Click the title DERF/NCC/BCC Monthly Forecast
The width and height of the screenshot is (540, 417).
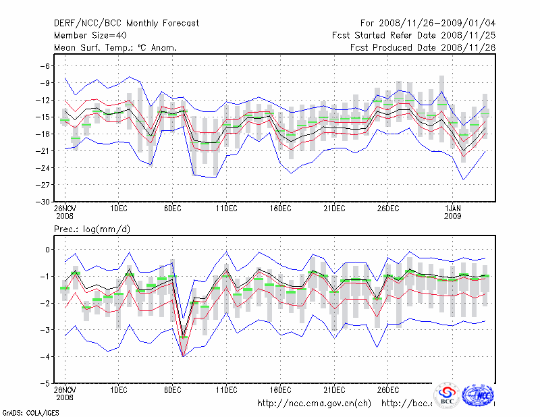pyautogui.click(x=126, y=23)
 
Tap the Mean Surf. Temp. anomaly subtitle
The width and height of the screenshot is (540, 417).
pyautogui.click(x=115, y=47)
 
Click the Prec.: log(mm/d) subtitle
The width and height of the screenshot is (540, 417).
pyautogui.click(x=92, y=229)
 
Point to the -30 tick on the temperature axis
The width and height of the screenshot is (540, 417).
pyautogui.click(x=44, y=202)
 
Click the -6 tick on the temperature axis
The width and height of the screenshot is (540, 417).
pyautogui.click(x=46, y=66)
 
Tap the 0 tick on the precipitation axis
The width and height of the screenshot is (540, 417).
pyautogui.click(x=48, y=250)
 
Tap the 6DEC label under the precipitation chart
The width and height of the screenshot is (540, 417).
pyautogui.click(x=172, y=390)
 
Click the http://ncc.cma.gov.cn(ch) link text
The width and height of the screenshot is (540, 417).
pyautogui.click(x=314, y=404)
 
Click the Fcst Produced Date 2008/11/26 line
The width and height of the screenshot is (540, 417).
pyautogui.click(x=423, y=47)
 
